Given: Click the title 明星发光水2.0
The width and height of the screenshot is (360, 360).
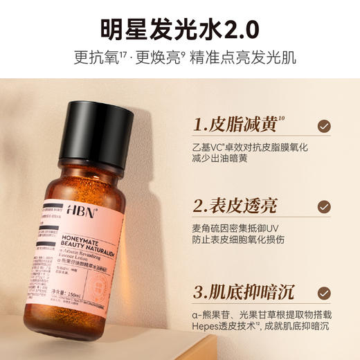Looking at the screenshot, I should [x=180, y=28].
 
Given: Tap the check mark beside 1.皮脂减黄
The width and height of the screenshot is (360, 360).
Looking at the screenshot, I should [x=323, y=126].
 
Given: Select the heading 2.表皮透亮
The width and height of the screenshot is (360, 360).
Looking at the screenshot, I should [x=235, y=206].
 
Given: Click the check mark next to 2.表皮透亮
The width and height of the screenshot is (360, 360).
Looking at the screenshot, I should [x=323, y=206].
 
